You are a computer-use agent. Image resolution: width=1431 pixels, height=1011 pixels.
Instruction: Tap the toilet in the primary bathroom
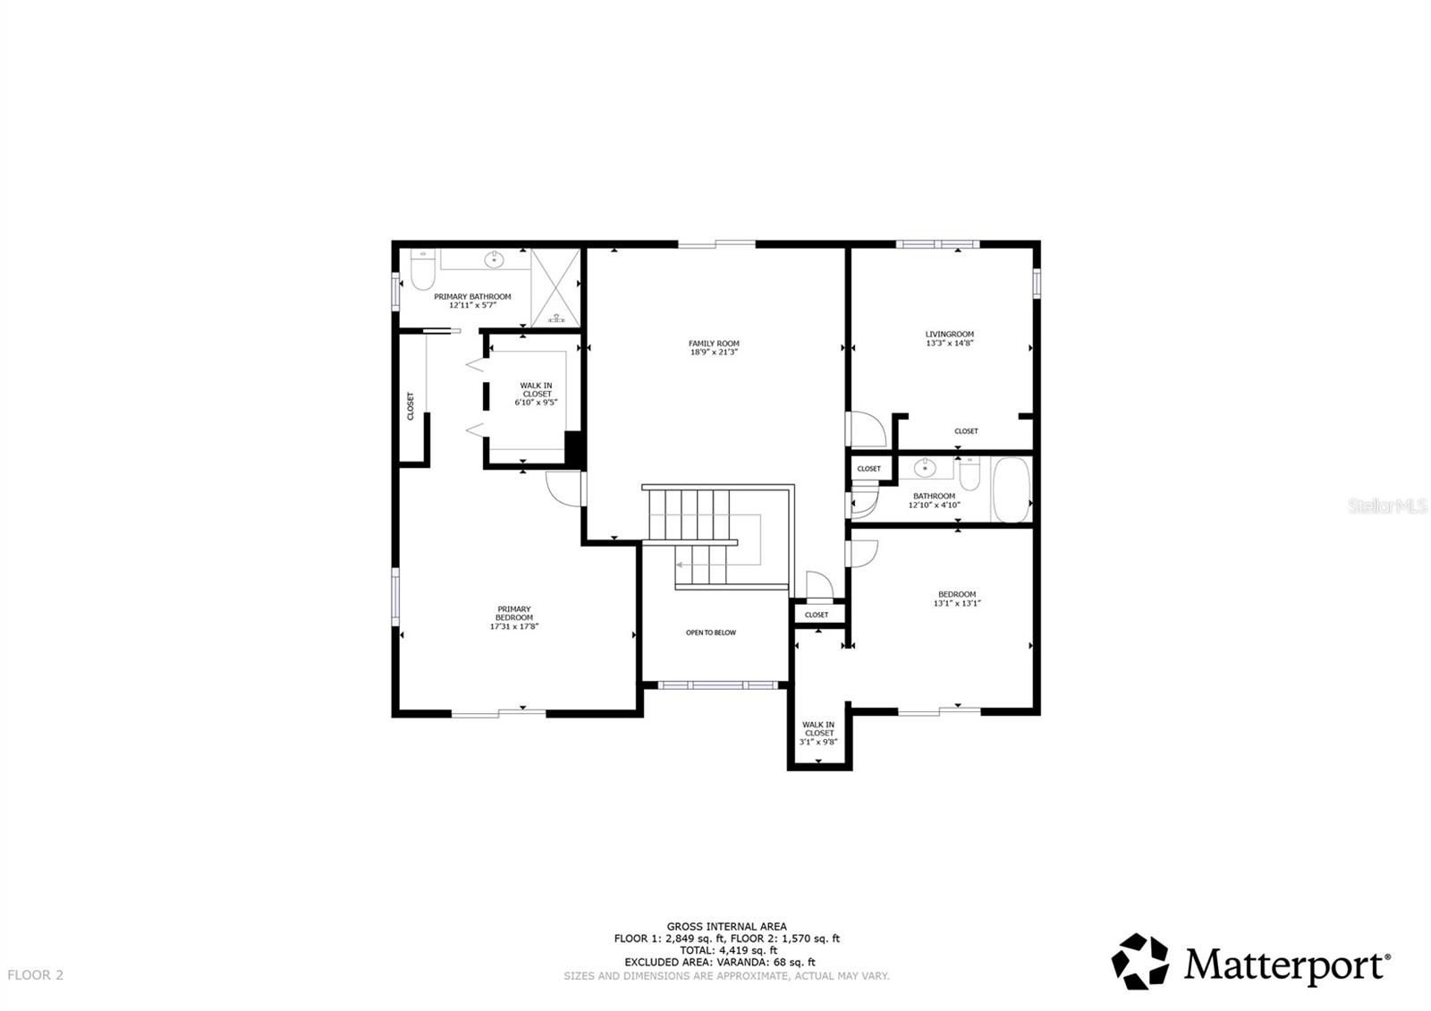tap(423, 268)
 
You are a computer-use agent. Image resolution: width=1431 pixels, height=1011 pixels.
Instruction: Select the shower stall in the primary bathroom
tap(555, 287)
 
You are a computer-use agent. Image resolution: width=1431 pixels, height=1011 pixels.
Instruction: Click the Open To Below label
tap(711, 633)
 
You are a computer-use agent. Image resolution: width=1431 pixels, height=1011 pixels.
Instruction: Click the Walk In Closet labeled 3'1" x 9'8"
tap(818, 733)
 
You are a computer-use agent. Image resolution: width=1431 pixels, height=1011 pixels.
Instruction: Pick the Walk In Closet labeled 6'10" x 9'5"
tap(536, 395)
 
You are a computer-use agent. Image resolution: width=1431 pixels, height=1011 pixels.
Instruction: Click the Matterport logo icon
tap(1140, 962)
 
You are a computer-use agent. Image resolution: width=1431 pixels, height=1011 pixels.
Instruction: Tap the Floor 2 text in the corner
tap(35, 975)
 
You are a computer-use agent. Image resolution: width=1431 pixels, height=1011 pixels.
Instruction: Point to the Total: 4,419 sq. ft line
tap(726, 950)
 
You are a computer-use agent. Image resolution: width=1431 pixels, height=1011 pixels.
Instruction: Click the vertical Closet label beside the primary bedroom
tap(411, 405)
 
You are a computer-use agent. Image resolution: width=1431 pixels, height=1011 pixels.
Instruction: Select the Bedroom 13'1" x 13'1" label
tap(957, 599)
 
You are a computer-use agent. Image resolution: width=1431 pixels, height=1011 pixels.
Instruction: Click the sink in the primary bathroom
tap(494, 259)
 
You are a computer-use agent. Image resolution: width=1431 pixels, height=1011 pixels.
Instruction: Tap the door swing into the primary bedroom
tap(559, 487)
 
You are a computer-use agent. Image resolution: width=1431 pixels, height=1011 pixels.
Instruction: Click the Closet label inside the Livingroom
tap(966, 431)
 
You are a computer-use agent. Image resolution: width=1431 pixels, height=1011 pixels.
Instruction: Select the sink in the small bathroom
tap(925, 467)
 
